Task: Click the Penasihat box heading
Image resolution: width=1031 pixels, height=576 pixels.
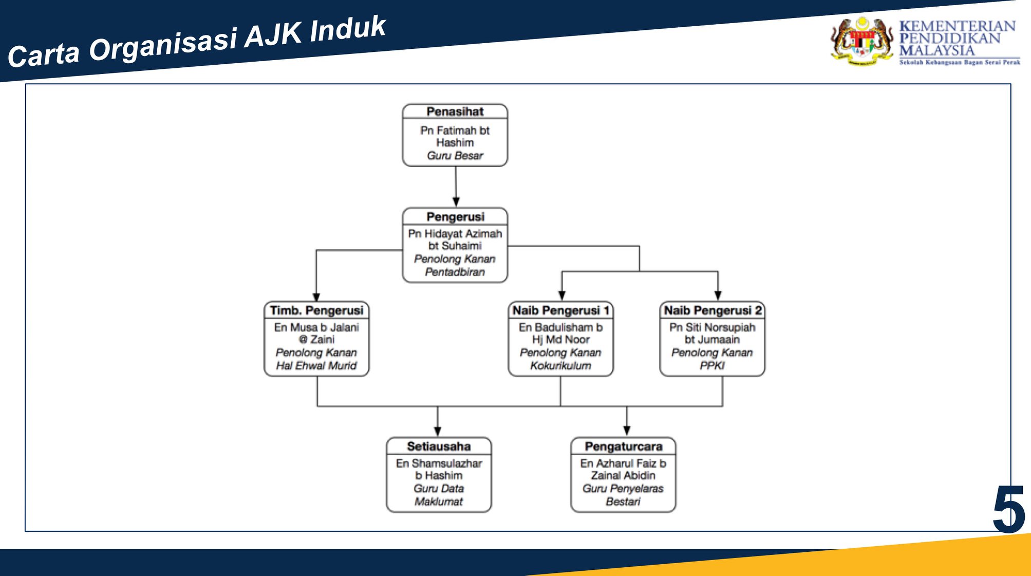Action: (x=455, y=112)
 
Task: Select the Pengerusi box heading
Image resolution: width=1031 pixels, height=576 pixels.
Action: (x=455, y=217)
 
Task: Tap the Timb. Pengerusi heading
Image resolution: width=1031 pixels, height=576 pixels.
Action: (x=316, y=310)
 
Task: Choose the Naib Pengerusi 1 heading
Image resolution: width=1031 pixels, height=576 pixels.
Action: (x=560, y=310)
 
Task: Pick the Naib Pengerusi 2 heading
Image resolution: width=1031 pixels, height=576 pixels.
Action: (x=713, y=310)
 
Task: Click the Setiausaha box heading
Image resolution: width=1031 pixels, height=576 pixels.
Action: (x=439, y=446)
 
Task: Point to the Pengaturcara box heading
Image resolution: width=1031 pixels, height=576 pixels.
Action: (x=623, y=446)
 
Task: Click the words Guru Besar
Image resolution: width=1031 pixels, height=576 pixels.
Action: (x=455, y=156)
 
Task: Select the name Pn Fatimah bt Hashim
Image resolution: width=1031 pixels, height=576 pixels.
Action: (x=455, y=137)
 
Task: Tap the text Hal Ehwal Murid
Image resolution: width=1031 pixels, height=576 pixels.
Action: (x=316, y=365)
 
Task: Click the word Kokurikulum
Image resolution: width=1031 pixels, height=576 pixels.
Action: (x=560, y=365)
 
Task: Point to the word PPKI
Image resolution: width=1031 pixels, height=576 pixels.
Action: (x=713, y=365)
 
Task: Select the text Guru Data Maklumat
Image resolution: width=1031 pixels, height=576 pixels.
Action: (x=439, y=495)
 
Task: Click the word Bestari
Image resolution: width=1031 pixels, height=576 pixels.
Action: (x=623, y=501)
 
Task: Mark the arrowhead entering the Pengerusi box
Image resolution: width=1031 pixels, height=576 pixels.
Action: (x=456, y=202)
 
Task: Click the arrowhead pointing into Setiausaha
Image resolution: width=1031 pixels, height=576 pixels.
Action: (x=438, y=432)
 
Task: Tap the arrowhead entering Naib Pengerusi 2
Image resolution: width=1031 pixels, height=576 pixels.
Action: (x=718, y=295)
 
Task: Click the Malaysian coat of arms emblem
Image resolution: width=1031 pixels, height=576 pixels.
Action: (x=863, y=41)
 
